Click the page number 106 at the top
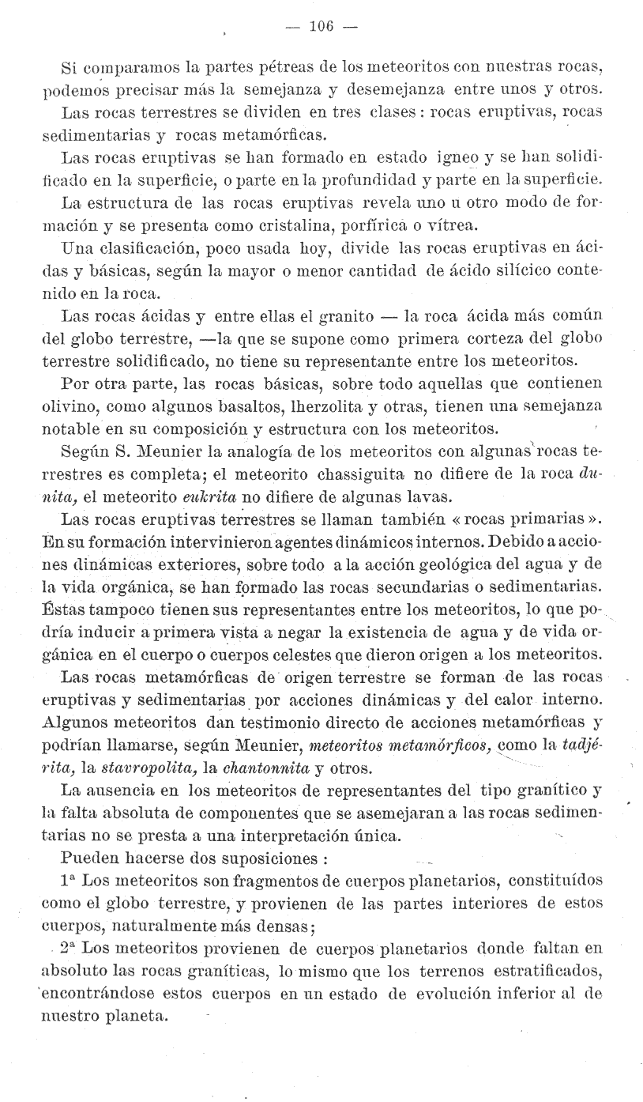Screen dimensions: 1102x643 click(x=321, y=26)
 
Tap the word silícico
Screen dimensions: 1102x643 click(x=498, y=273)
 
